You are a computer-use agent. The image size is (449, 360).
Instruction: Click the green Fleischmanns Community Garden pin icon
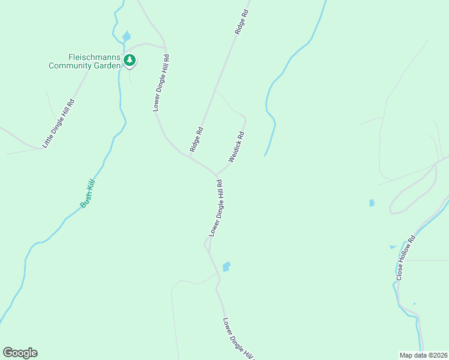130,61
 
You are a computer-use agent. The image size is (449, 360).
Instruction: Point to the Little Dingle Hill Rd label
58,123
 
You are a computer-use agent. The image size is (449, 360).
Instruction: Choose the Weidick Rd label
237,147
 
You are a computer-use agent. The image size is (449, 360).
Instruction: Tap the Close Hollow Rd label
406,256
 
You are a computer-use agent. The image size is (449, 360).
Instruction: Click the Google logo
20,353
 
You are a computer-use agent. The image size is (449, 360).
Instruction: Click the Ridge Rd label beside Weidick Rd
196,139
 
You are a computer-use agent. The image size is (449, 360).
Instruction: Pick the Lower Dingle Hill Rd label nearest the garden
161,83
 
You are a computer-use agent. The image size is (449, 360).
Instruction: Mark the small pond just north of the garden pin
126,36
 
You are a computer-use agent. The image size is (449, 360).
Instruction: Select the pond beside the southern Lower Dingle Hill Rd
226,266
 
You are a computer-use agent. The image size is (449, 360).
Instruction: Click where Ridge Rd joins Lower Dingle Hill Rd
190,157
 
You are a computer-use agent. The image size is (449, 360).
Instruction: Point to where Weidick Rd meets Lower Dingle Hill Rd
216,175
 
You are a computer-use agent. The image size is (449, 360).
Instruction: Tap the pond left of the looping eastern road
372,203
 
